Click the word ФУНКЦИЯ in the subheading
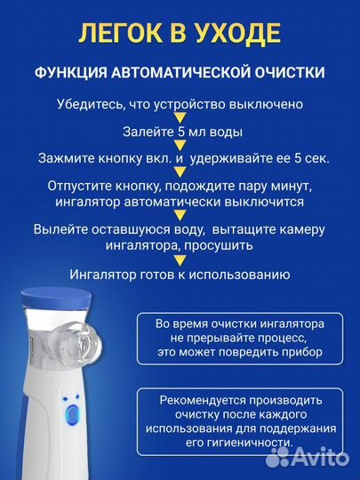click(74, 71)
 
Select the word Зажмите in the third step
click(67, 159)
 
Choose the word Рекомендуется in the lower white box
click(204, 402)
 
